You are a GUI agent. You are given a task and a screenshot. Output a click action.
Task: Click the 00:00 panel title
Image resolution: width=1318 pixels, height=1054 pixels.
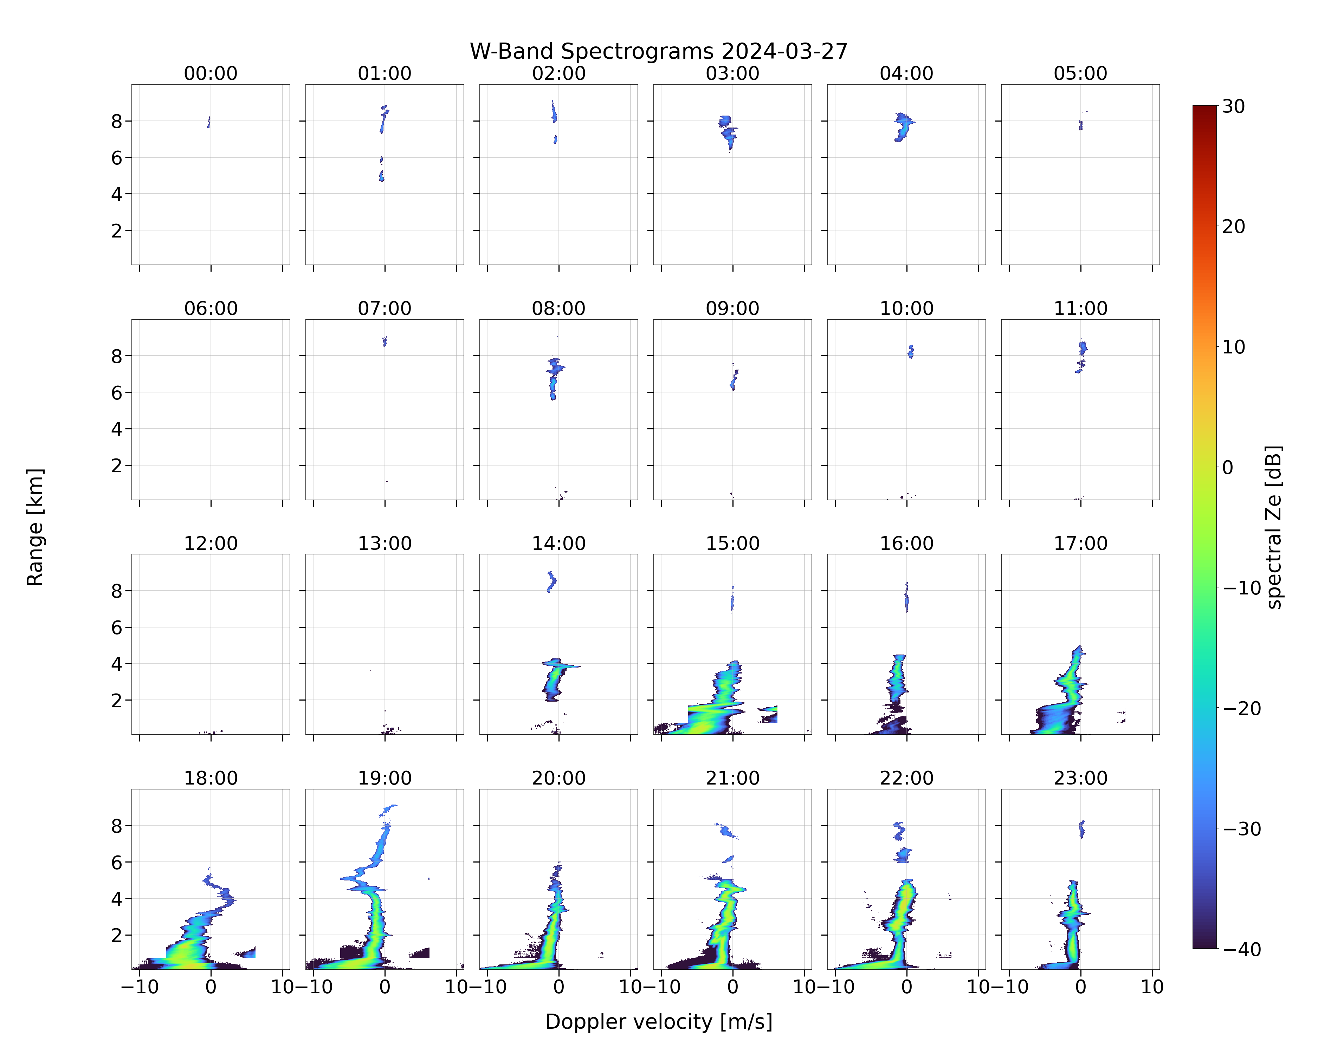tap(211, 73)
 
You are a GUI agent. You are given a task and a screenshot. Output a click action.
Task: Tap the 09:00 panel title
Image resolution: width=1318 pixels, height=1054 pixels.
tap(732, 308)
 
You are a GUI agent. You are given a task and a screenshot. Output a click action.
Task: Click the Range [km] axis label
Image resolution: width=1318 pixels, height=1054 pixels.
tap(35, 527)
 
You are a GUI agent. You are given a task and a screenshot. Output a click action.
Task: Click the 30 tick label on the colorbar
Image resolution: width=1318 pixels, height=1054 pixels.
tap(1234, 106)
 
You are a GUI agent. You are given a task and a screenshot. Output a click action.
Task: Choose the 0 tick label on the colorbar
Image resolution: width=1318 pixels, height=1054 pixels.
tap(1228, 467)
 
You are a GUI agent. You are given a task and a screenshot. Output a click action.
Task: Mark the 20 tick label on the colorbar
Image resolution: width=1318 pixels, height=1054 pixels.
tap(1234, 227)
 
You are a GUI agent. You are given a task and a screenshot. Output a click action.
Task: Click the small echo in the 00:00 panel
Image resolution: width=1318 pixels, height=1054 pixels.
tap(209, 122)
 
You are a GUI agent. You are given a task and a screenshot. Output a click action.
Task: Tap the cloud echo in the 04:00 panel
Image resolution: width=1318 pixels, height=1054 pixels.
tap(903, 126)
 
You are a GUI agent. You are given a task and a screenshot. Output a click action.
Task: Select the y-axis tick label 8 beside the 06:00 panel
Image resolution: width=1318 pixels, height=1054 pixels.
tap(117, 356)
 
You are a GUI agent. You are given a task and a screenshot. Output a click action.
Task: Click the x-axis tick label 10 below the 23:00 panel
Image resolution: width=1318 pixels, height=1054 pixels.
tap(1152, 987)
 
